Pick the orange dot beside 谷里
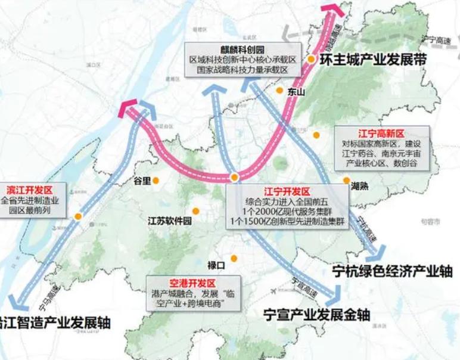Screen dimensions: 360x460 click(x=156, y=180)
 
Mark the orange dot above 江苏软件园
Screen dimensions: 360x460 click(x=195, y=210)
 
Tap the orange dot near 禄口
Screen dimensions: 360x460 click(x=234, y=259)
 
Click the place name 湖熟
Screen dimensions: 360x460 click(x=359, y=185)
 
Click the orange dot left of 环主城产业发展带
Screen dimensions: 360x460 click(x=311, y=60)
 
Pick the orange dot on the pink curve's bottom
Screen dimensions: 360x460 click(x=235, y=178)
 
